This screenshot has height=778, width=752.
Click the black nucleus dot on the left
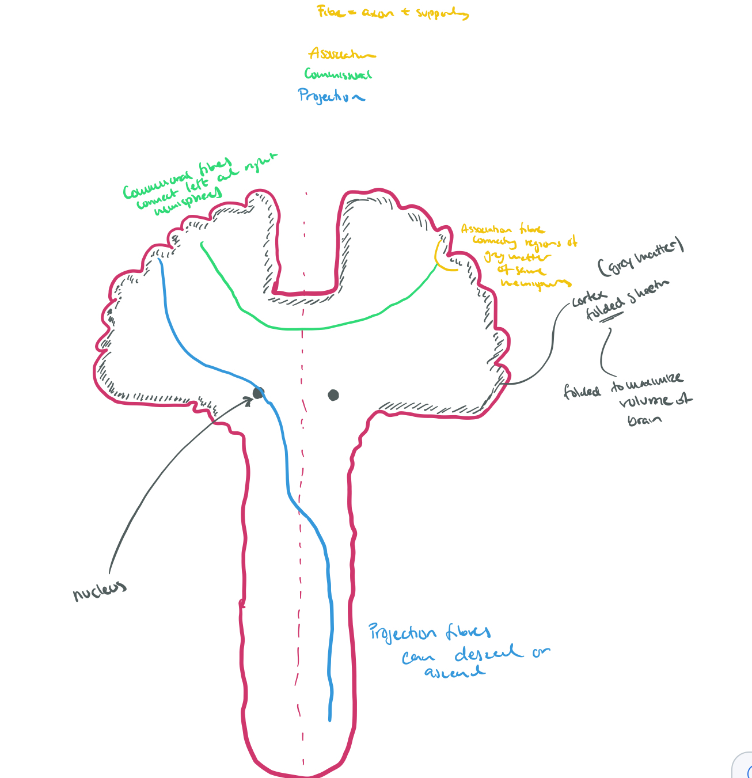click(258, 393)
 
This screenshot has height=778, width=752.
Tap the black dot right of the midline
click(333, 395)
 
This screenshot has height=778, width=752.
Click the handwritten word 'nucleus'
click(99, 590)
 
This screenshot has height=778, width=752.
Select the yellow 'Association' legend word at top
click(341, 54)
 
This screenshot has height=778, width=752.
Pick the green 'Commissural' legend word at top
click(338, 74)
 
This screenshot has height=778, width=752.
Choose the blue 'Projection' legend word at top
click(331, 96)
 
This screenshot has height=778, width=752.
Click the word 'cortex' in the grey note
click(586, 300)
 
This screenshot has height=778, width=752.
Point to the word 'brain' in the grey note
click(645, 419)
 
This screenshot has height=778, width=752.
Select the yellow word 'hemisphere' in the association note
click(535, 283)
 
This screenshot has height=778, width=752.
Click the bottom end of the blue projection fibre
click(329, 719)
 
